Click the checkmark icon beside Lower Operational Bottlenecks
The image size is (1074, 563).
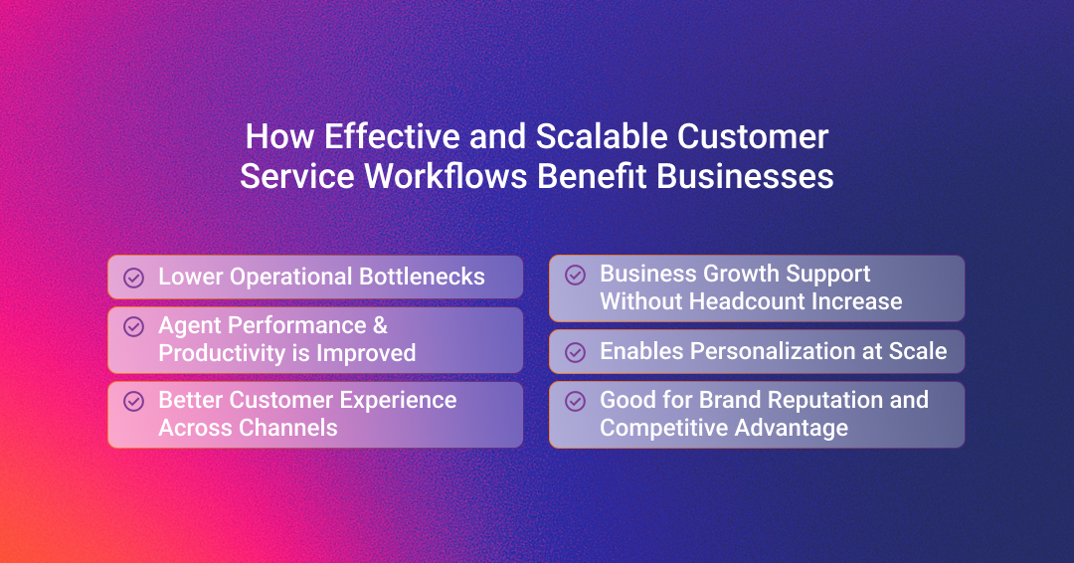tap(133, 278)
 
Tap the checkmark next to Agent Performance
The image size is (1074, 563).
tap(133, 326)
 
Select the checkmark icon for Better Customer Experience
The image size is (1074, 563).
tap(133, 401)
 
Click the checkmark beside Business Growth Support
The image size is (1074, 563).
tap(576, 275)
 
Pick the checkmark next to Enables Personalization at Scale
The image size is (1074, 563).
tap(576, 352)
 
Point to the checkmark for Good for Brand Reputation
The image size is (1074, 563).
tap(576, 401)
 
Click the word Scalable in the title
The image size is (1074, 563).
tap(602, 135)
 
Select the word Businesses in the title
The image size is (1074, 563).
tap(745, 176)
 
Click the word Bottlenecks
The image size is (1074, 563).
tap(422, 276)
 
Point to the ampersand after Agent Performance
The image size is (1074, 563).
tap(380, 325)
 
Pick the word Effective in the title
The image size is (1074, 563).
tap(392, 135)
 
